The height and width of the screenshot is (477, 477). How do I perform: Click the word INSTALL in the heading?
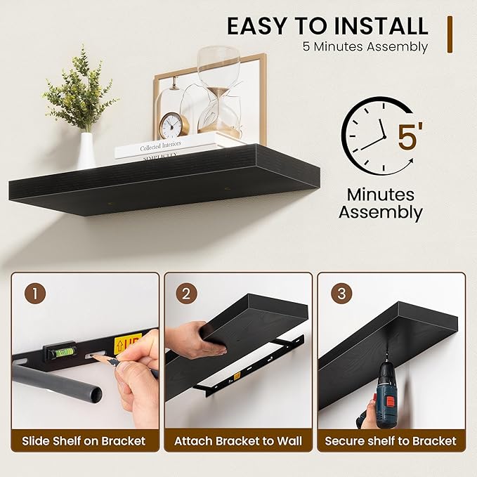[381, 26]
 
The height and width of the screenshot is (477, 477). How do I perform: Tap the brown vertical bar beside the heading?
[450, 34]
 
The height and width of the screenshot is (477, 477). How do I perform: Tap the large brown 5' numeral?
[410, 135]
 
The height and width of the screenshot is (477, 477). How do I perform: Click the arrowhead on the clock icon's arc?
[411, 161]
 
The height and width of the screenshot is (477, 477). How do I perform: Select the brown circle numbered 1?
[35, 294]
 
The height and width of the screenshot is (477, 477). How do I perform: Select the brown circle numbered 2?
[186, 294]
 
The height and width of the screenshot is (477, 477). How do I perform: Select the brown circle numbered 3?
[341, 294]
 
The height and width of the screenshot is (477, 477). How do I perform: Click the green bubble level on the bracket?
[60, 352]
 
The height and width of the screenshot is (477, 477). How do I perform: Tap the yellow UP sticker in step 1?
[128, 344]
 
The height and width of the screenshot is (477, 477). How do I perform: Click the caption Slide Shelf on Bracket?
[84, 440]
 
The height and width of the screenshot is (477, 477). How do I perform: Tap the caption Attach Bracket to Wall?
[238, 440]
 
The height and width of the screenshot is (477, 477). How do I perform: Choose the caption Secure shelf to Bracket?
[391, 440]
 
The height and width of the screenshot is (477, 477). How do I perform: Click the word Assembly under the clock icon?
[381, 212]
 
